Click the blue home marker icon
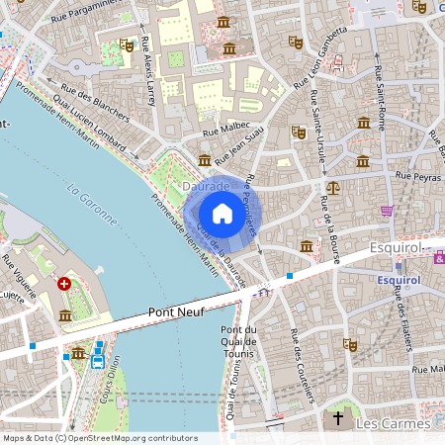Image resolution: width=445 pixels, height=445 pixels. (222, 214)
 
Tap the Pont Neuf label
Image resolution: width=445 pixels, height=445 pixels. (175, 311)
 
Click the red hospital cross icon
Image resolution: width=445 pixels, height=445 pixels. (65, 284)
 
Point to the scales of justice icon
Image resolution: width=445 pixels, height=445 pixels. (332, 186)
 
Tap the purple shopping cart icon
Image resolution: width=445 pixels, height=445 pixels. (387, 211)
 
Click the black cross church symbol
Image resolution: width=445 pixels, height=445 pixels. (338, 418)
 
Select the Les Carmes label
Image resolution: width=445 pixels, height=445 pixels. (394, 423)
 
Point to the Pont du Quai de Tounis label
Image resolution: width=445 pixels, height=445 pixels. (237, 342)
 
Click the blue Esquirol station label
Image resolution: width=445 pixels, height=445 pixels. (400, 280)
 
